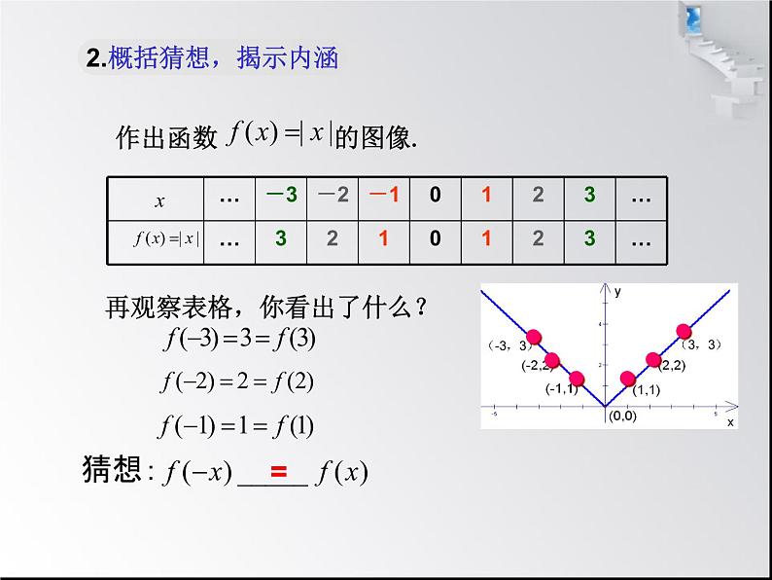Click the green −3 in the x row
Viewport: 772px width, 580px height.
click(281, 195)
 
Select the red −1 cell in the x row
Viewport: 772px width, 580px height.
click(384, 195)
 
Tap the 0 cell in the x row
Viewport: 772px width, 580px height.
click(436, 195)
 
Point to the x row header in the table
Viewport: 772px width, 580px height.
click(159, 201)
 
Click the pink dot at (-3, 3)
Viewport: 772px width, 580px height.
click(534, 339)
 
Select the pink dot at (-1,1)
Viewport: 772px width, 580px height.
click(577, 379)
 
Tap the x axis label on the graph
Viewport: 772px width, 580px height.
click(729, 422)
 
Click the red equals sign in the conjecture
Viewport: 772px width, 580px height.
click(279, 473)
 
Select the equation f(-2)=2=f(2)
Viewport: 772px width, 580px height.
click(237, 382)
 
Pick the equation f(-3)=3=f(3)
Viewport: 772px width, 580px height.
click(239, 340)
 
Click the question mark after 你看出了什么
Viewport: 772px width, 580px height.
click(421, 308)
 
